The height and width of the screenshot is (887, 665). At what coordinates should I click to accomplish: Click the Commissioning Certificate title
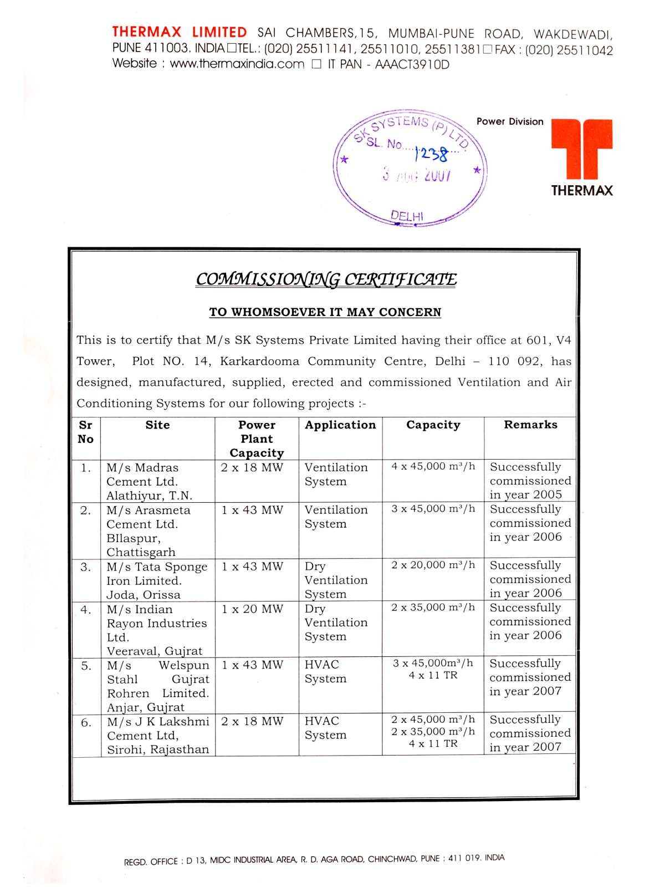[326, 279]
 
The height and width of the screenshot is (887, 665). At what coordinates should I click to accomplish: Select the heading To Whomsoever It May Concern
[325, 312]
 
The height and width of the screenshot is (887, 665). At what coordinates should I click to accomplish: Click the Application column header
[340, 425]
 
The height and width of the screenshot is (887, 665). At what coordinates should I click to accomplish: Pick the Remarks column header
[530, 425]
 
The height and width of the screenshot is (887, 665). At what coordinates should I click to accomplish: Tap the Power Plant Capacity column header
[257, 439]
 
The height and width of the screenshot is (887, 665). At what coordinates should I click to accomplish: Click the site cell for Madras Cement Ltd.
[150, 481]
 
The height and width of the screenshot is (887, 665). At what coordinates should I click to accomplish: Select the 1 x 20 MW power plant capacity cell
[252, 609]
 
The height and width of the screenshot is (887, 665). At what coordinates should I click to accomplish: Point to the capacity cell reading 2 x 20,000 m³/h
[433, 565]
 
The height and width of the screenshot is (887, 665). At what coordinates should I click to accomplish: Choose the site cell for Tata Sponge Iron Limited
[157, 580]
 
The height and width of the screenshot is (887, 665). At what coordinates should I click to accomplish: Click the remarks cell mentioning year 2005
[530, 481]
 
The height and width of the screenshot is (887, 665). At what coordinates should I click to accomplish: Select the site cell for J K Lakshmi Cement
[158, 735]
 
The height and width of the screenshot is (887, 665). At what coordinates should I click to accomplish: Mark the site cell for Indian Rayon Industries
[157, 630]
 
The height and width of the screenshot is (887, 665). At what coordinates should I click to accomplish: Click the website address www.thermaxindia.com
[237, 64]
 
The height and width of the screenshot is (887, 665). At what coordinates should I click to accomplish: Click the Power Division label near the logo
[510, 121]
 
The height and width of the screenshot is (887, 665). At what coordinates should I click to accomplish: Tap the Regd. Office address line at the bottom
[314, 860]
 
